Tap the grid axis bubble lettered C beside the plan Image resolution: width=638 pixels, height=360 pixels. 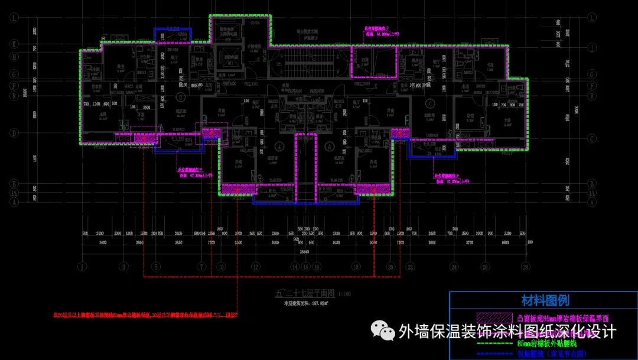[x=591, y=138]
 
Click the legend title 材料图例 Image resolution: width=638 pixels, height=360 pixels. [x=545, y=300]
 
